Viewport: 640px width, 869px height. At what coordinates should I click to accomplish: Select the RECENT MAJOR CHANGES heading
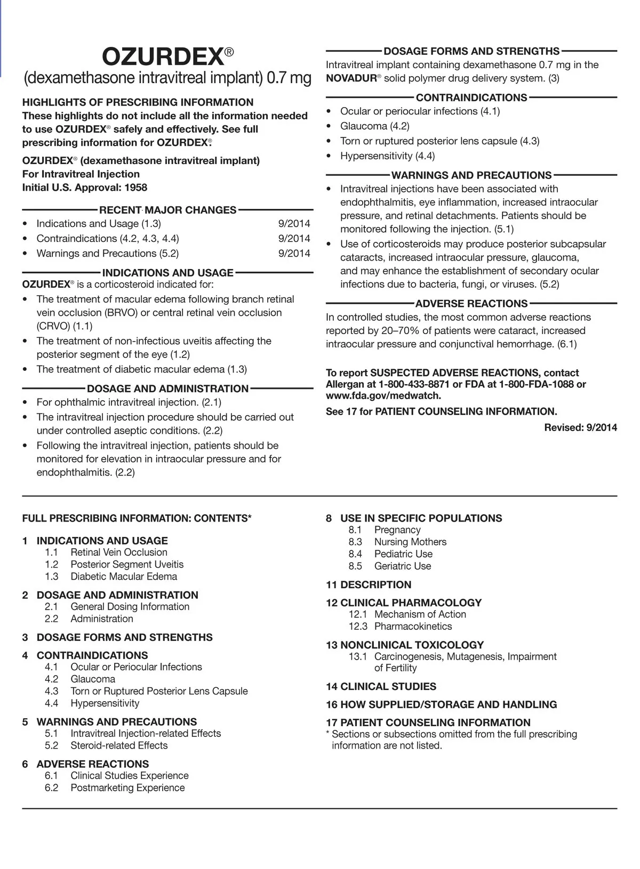pos(167,210)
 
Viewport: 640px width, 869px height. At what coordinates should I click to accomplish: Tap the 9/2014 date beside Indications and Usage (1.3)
pos(294,224)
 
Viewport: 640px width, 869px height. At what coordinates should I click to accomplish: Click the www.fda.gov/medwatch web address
pos(383,396)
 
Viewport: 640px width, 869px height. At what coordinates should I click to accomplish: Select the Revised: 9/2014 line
pos(580,427)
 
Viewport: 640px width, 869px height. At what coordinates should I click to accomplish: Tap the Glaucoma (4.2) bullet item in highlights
pos(374,126)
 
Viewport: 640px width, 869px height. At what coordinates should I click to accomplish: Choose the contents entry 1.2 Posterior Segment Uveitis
pos(126,565)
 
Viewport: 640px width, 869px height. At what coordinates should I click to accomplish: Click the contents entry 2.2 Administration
pos(101,619)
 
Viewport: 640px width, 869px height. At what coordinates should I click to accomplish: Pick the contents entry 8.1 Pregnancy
pos(397,530)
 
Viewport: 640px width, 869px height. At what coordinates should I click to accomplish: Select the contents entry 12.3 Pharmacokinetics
pos(412,627)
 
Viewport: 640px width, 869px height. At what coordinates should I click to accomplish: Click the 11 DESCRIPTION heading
pos(369,585)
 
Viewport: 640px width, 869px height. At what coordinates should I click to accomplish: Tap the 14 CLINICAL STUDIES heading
pos(381,687)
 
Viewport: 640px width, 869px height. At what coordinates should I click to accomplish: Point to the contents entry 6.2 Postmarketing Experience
pos(127,788)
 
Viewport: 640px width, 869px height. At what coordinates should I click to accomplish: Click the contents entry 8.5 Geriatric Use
pos(402,566)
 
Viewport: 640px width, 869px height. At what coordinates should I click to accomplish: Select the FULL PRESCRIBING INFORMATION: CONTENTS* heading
pos(137,518)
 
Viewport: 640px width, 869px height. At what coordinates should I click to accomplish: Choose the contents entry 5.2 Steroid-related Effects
pos(118,746)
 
